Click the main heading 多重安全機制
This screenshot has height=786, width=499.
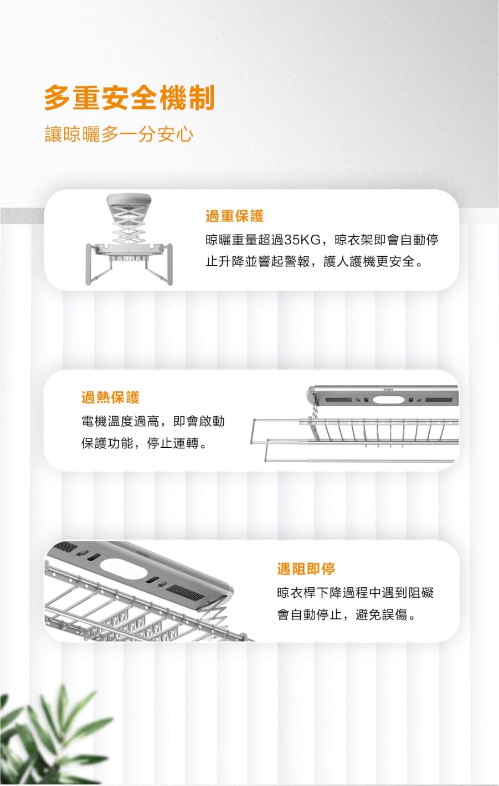coord(129,98)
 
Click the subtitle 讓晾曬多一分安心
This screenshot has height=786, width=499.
coord(119,135)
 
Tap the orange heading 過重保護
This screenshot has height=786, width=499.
coord(235,215)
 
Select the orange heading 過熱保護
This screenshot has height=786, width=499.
coord(111,397)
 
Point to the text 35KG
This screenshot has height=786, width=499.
coord(302,240)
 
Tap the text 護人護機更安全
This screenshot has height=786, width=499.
coord(369,261)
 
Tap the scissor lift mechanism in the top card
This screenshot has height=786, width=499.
coord(128,227)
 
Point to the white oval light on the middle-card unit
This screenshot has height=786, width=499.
coord(385,400)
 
